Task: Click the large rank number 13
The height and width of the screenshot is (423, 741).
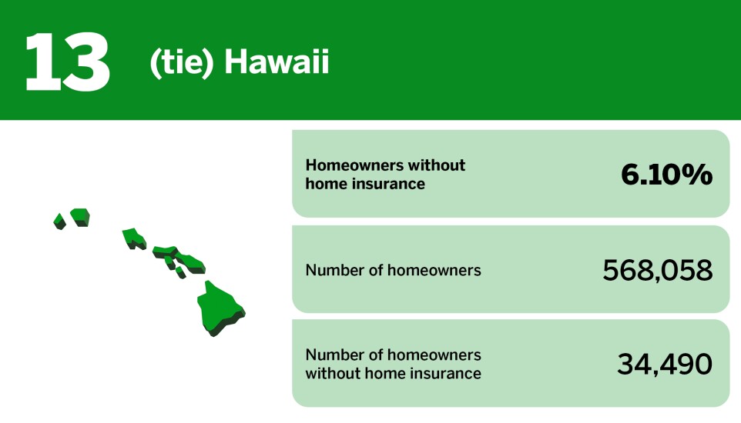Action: pos(67,62)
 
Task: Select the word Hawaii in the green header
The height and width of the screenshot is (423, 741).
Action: pos(277,63)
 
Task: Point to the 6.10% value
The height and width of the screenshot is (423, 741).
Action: pos(666,175)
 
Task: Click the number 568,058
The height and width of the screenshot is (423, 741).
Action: pos(657,270)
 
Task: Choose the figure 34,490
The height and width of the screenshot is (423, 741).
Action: pos(664,365)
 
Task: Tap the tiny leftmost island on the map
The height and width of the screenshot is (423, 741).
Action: pos(59,221)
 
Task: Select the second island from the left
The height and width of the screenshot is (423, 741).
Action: pos(80,215)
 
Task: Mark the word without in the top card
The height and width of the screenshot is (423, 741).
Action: pos(437,165)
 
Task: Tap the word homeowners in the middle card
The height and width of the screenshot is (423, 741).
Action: pos(434,270)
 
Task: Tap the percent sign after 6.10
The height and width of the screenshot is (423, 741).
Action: pos(698,175)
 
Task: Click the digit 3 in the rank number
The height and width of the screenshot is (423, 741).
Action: pos(86,62)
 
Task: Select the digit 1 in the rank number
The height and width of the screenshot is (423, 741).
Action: pos(41,62)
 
